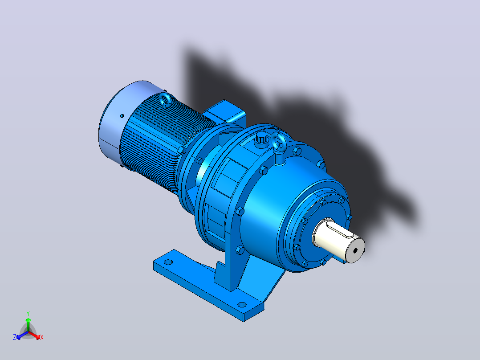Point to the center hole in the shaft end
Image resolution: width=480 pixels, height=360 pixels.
355,251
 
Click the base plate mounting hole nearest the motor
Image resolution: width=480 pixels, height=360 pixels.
168,262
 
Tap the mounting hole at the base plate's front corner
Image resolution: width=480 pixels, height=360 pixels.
242,305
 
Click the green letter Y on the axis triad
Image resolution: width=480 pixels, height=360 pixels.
28,313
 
